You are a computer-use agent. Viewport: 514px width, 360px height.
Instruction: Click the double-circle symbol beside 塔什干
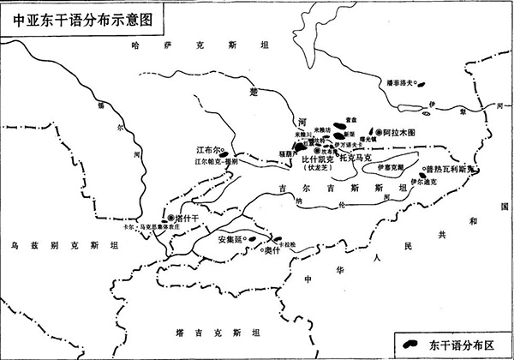point(171,219)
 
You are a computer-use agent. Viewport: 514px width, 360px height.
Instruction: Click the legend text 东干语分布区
point(469,345)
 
